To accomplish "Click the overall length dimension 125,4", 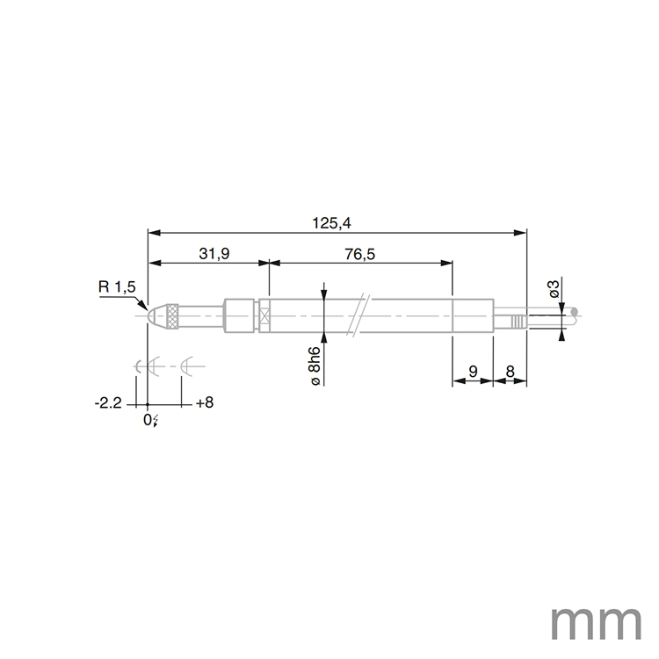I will coord(331,223).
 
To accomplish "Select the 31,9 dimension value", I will coord(214,254).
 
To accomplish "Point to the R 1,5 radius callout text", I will coord(117,287).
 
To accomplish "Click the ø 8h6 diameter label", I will coord(314,365).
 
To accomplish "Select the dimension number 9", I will coord(473,373).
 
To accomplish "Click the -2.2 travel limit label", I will coord(107,403).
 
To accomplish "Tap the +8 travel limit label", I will coord(204,403).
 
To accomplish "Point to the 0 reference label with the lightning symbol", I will coord(150,420).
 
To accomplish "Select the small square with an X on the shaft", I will coord(264,315).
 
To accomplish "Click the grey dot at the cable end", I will coord(575,310).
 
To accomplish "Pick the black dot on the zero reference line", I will coord(148,404).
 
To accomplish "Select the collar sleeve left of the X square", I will coord(240,315).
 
